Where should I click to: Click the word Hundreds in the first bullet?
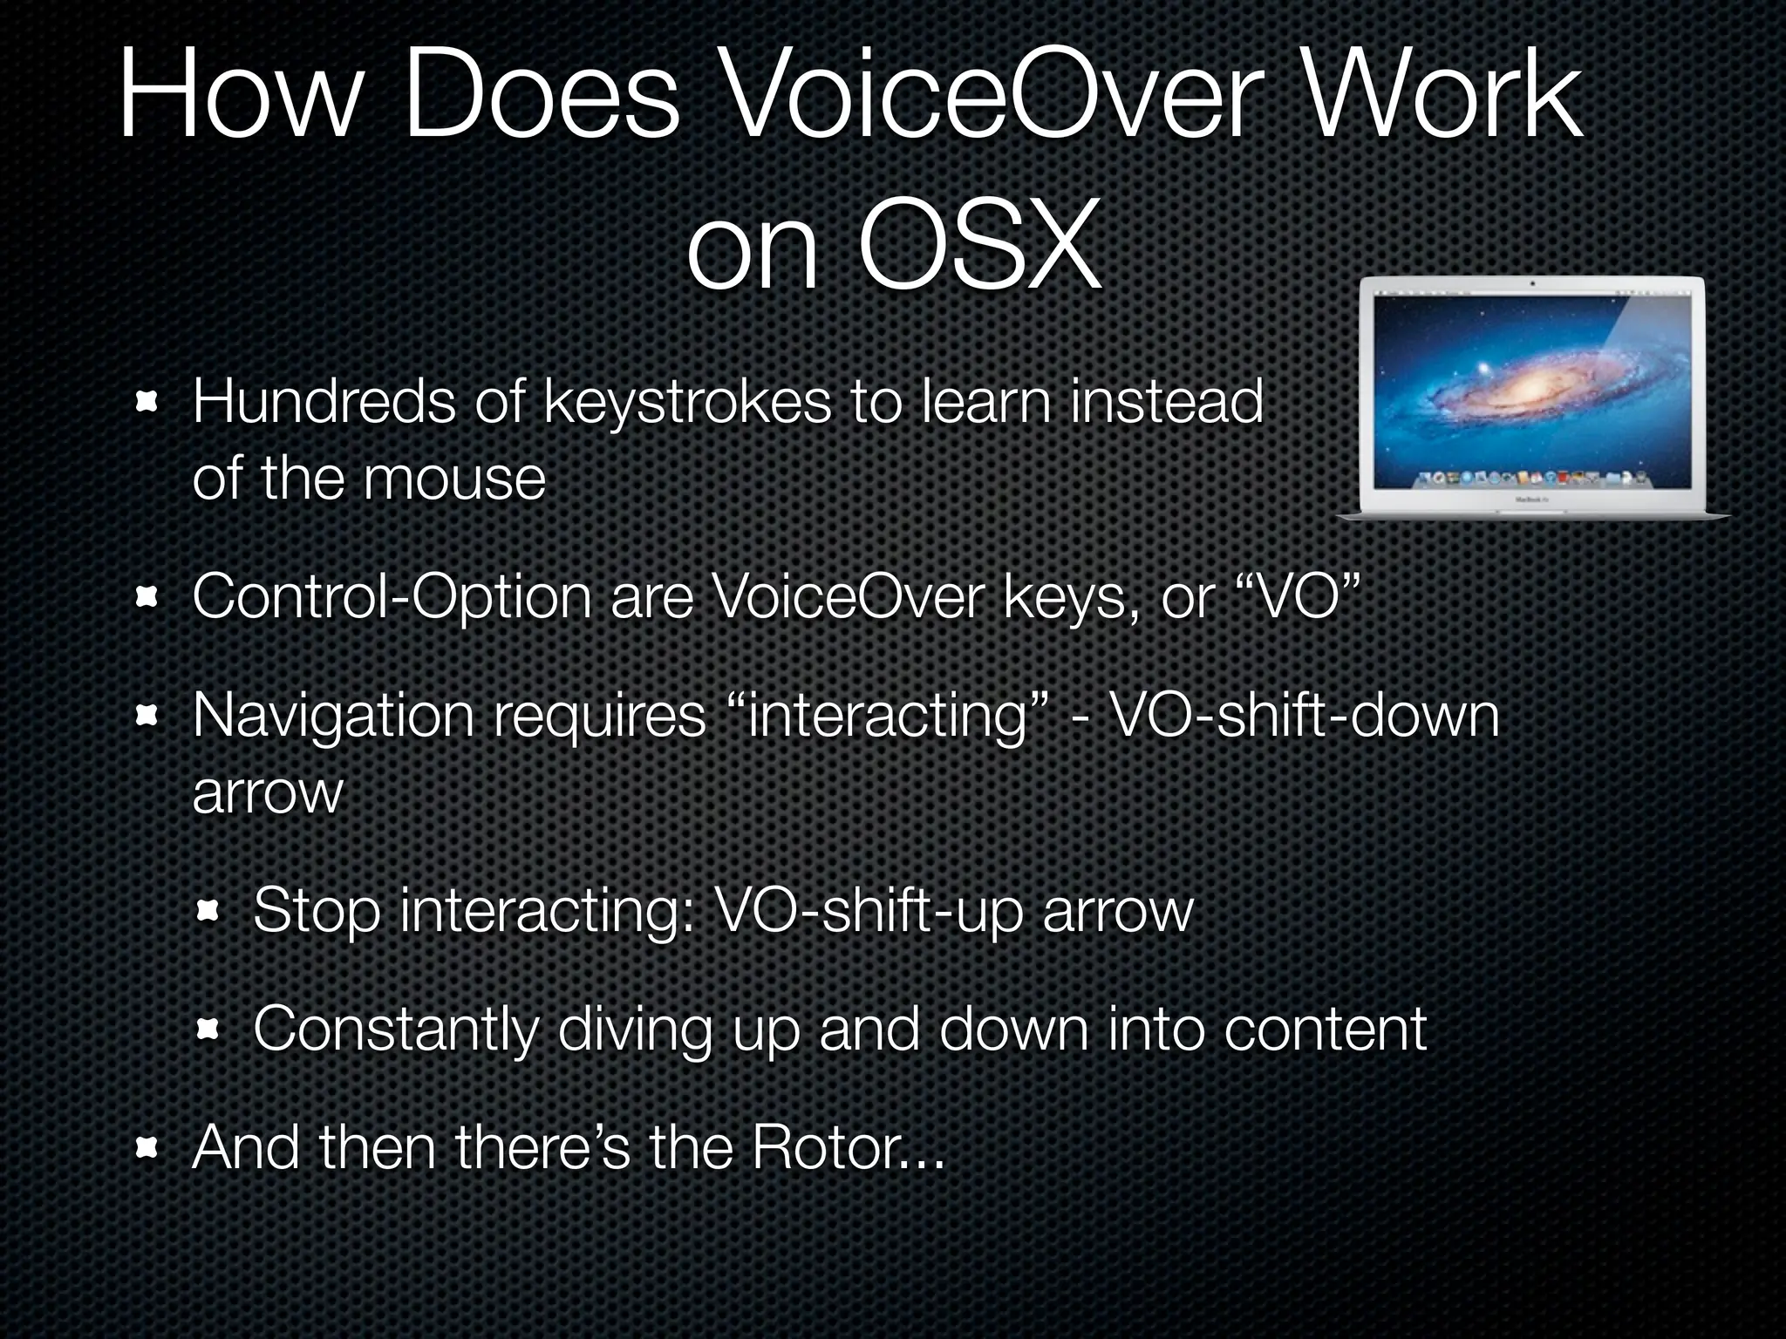pos(323,402)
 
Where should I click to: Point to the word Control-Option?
pos(392,599)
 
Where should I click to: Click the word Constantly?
pos(394,1030)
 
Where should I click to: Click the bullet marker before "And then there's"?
pos(147,1149)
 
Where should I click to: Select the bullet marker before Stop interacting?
pos(208,912)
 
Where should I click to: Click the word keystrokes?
pos(687,402)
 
